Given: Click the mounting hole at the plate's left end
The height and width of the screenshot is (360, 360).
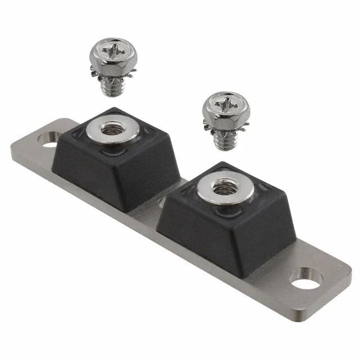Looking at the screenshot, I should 49,137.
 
